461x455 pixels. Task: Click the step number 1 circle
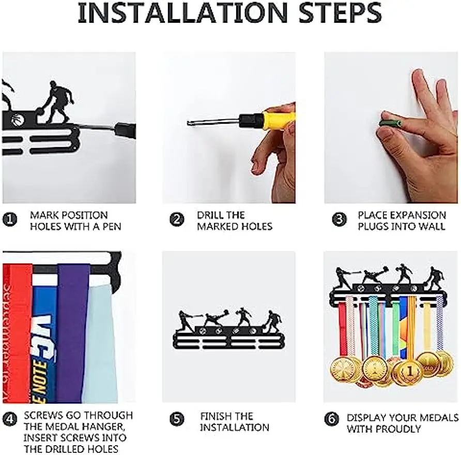click(x=10, y=219)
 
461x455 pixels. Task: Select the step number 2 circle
click(x=177, y=219)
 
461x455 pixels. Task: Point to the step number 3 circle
click(x=339, y=219)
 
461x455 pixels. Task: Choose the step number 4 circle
click(x=10, y=419)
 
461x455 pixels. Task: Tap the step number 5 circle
click(x=177, y=419)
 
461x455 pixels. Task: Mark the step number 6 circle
click(x=332, y=419)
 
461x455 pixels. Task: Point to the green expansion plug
click(x=391, y=122)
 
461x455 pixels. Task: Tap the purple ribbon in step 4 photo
click(x=72, y=333)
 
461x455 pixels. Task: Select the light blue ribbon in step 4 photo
click(x=101, y=345)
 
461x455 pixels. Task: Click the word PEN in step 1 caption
click(x=112, y=227)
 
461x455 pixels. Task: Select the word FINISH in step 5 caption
click(x=213, y=416)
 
